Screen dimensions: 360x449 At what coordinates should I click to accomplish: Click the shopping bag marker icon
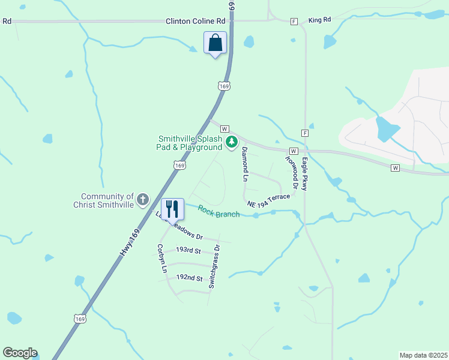click(x=215, y=43)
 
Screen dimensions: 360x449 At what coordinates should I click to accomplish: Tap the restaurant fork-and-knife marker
click(x=172, y=209)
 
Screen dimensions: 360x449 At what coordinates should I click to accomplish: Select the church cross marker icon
click(x=143, y=200)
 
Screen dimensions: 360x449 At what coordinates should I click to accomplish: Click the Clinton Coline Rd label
click(x=190, y=21)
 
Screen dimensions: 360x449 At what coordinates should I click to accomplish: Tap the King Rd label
click(x=319, y=20)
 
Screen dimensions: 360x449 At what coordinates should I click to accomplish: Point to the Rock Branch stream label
click(x=219, y=212)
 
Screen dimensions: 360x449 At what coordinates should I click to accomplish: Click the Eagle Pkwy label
click(x=305, y=175)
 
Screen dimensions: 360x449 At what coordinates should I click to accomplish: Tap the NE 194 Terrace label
click(x=268, y=200)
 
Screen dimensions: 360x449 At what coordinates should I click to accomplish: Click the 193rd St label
click(x=188, y=249)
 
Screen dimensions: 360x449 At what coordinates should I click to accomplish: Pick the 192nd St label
click(x=189, y=278)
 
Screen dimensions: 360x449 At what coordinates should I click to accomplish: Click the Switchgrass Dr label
click(x=214, y=267)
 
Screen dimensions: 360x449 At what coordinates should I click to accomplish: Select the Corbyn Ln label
click(x=161, y=259)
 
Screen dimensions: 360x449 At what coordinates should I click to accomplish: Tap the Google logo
click(x=20, y=353)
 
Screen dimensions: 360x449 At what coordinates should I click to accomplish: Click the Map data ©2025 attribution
click(x=423, y=355)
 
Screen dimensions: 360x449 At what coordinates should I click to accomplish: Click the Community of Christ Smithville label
click(x=103, y=200)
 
